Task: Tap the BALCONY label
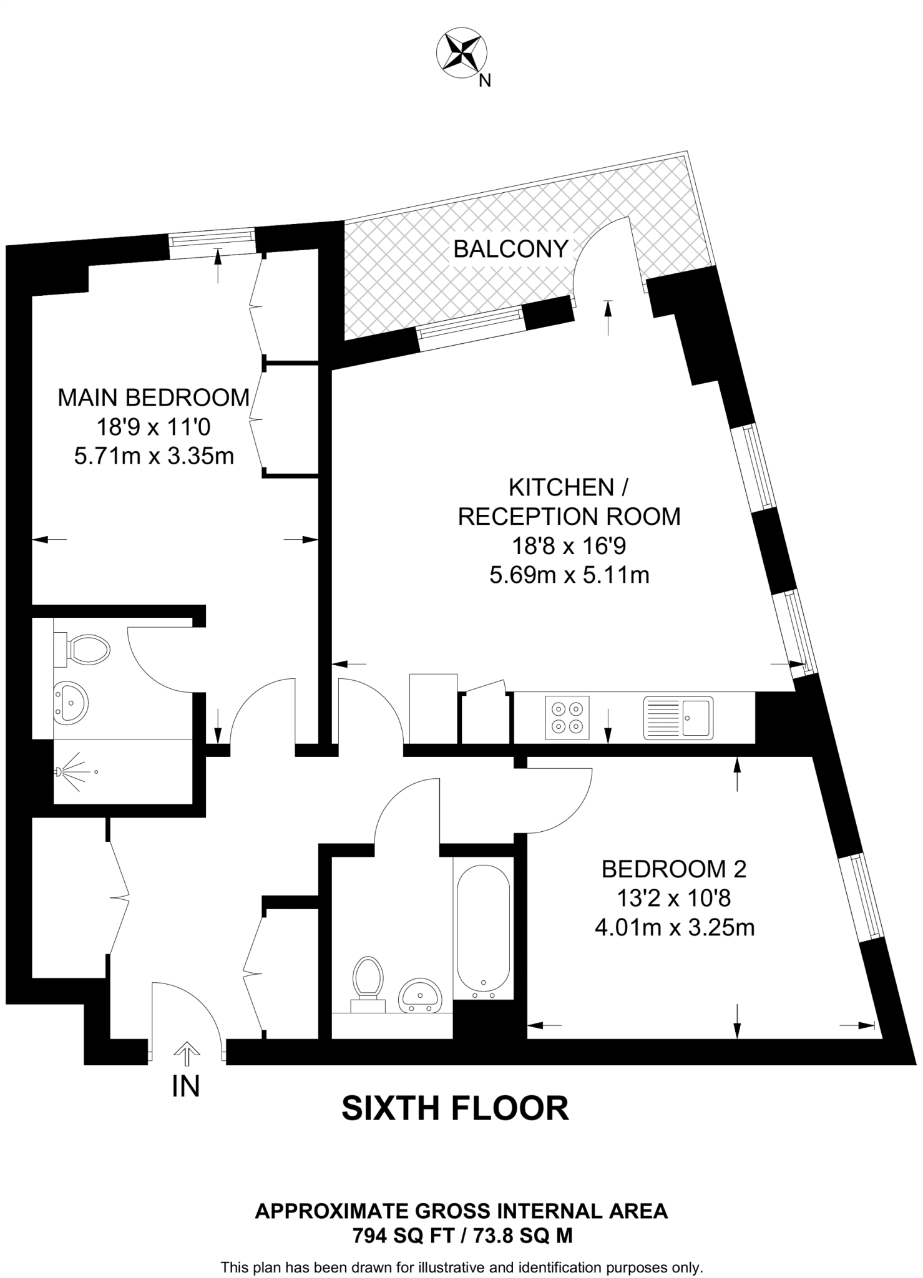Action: click(510, 249)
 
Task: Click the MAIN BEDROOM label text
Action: click(154, 398)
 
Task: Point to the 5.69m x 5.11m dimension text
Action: click(569, 575)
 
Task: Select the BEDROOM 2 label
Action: click(674, 869)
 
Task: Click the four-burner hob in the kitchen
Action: click(567, 718)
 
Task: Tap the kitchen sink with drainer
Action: click(678, 718)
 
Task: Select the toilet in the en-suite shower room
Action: click(84, 649)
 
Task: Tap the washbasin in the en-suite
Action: click(71, 703)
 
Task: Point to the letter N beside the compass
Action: click(485, 80)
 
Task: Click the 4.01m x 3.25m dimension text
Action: click(674, 928)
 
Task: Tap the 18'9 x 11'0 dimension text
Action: click(154, 427)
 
